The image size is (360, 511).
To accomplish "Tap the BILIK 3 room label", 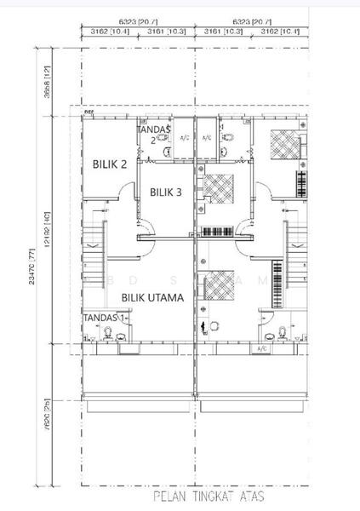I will (x=166, y=192).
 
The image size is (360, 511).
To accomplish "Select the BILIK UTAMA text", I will (x=155, y=297).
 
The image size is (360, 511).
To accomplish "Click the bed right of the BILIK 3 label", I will (x=220, y=185).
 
